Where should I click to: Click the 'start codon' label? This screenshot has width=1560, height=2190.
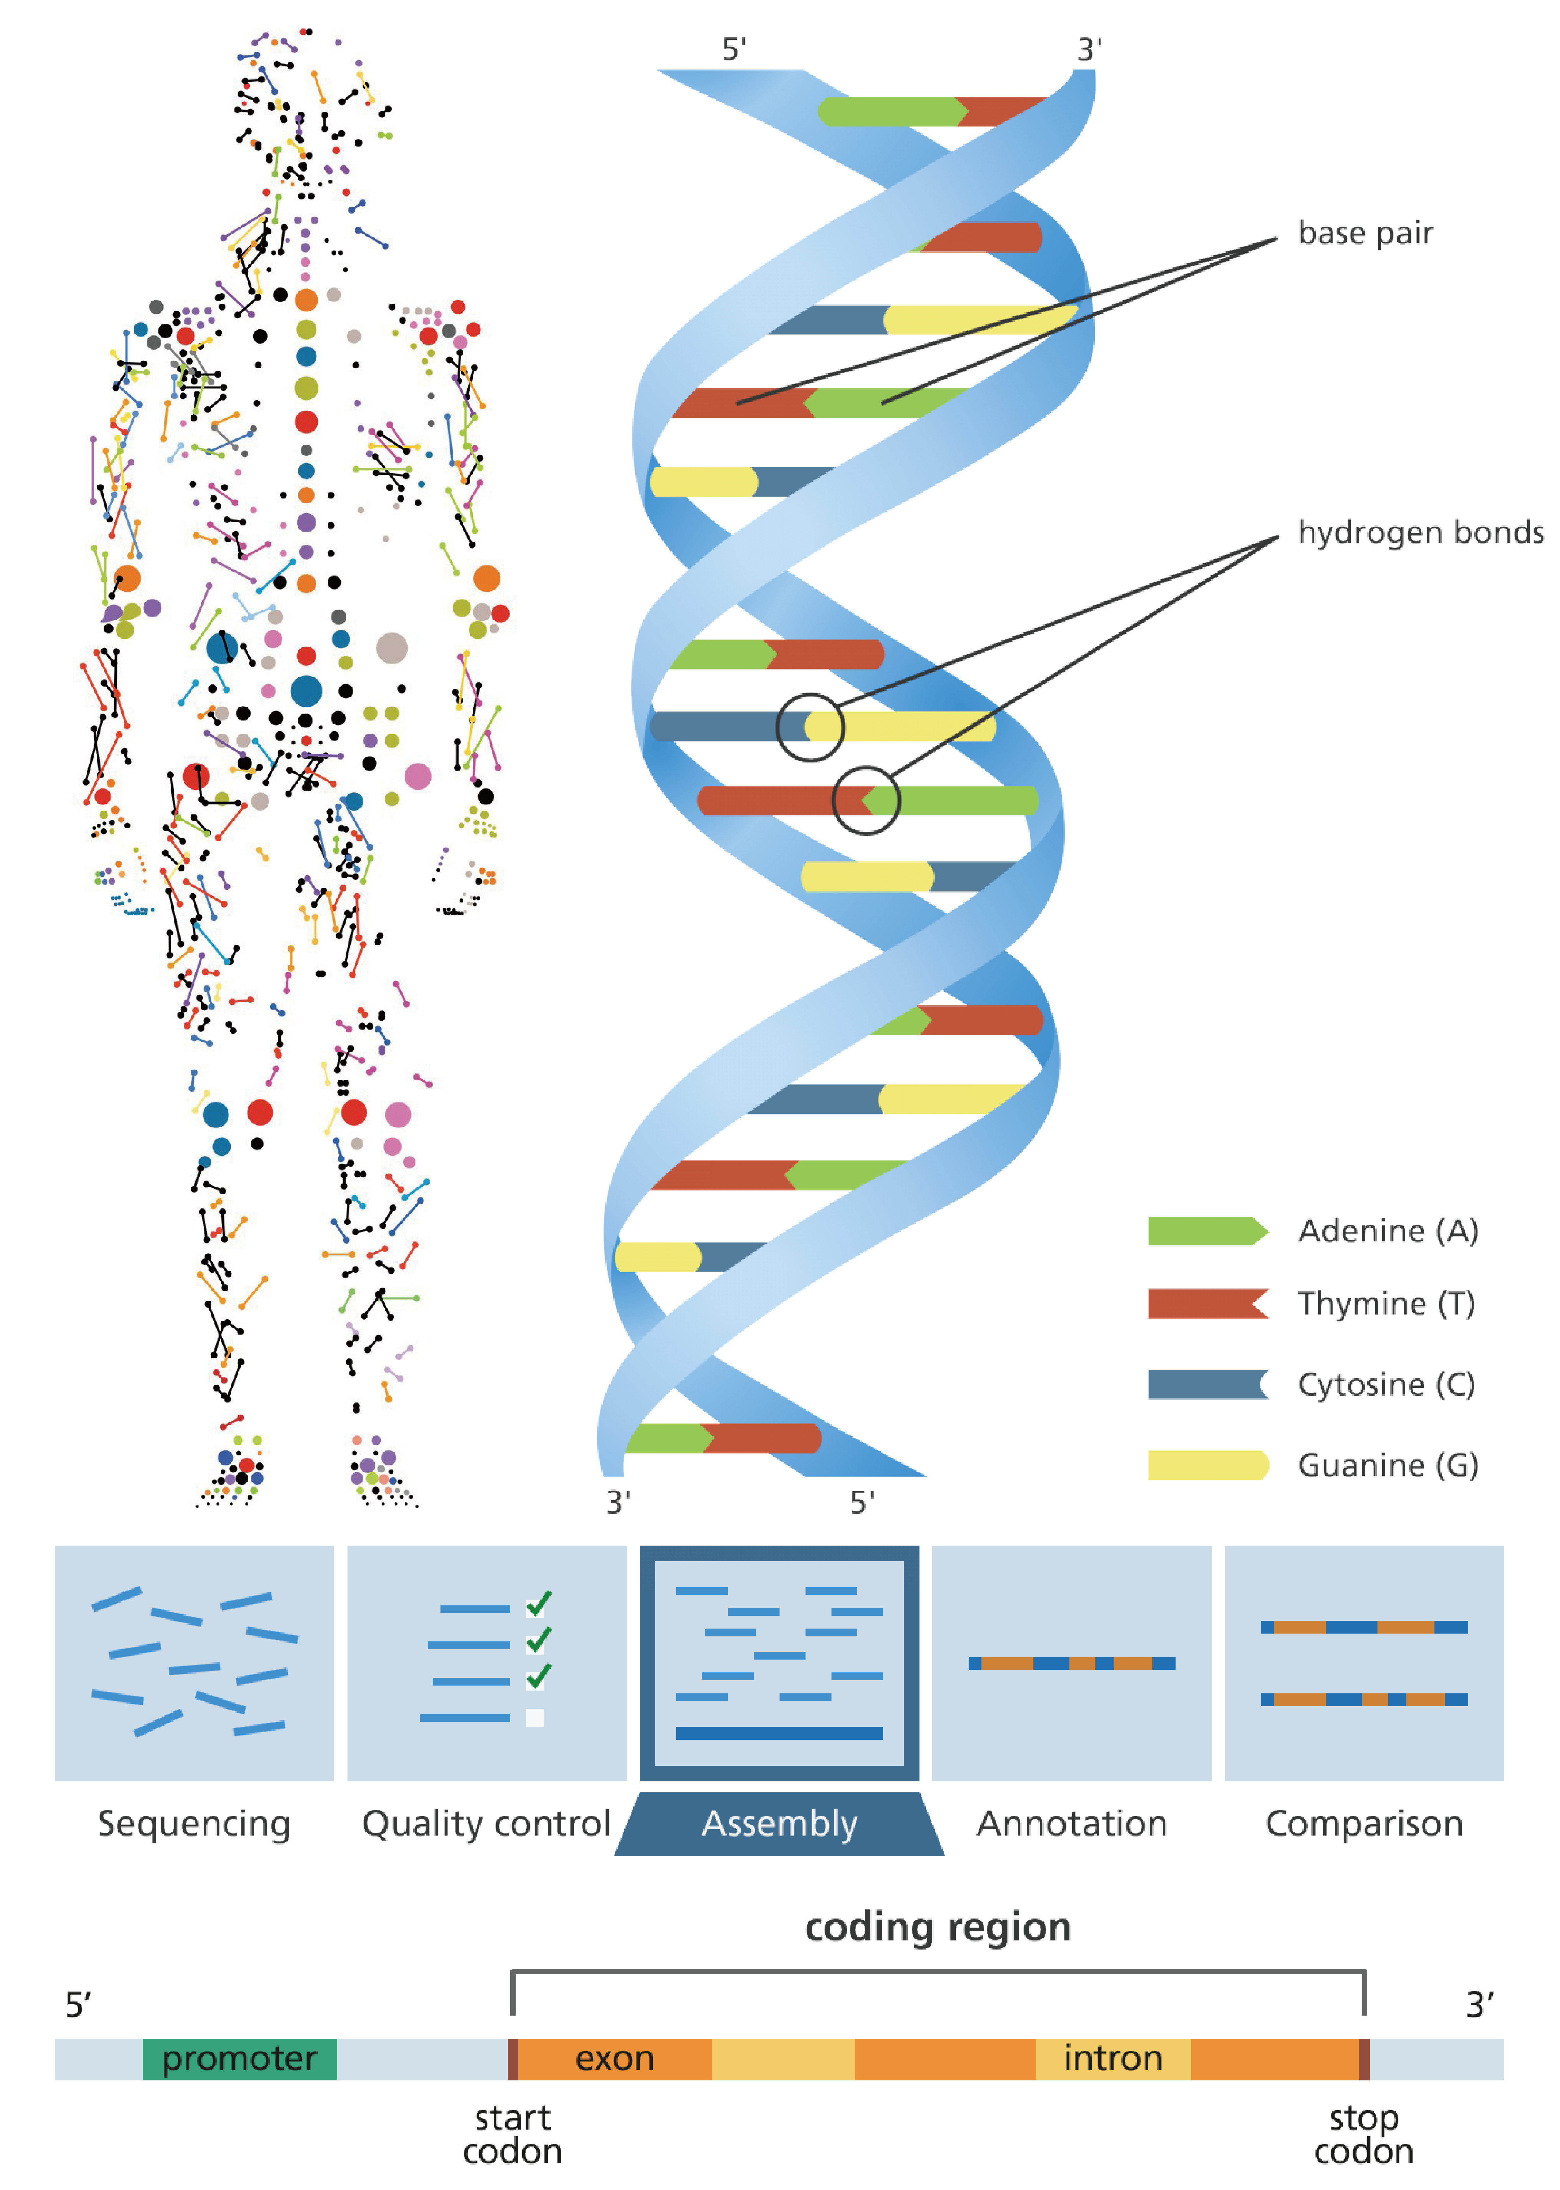(512, 2134)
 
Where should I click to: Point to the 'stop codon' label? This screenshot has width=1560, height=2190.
(1363, 2134)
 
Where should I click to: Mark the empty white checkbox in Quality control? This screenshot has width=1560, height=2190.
(535, 1717)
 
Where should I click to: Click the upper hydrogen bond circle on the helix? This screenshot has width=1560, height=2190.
(810, 727)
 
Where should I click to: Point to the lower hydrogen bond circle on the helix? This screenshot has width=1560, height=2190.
(866, 800)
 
